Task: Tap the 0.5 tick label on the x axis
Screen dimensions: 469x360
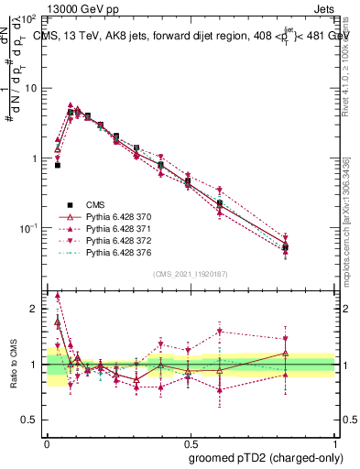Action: point(190,442)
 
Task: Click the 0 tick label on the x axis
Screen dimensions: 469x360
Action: point(47,442)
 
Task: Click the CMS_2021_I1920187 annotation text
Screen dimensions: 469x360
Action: point(191,273)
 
